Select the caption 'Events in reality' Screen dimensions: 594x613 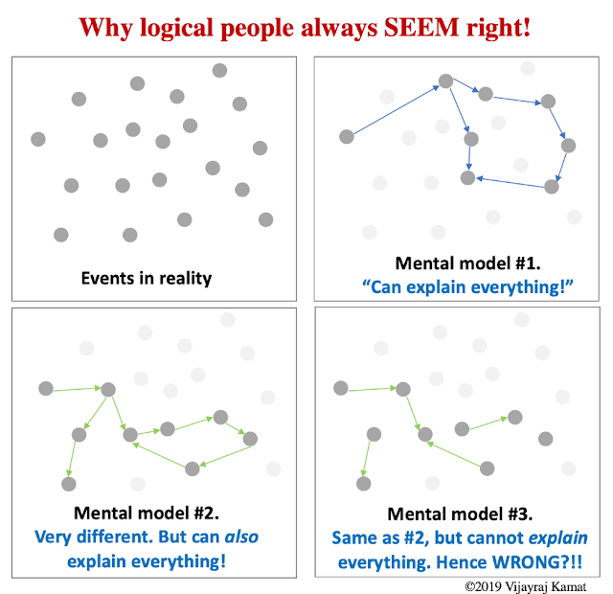[147, 279]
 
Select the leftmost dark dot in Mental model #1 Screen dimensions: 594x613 [347, 137]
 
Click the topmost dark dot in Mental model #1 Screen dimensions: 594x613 [445, 81]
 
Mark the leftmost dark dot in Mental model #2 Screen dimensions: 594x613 [45, 388]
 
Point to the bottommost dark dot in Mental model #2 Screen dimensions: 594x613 [69, 484]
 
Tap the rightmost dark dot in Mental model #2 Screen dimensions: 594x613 [251, 439]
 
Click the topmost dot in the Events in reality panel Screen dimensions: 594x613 [219, 70]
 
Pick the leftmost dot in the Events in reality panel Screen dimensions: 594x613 [38, 139]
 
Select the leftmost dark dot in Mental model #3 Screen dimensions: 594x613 [340, 388]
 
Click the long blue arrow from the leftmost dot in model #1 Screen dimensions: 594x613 [395, 110]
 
